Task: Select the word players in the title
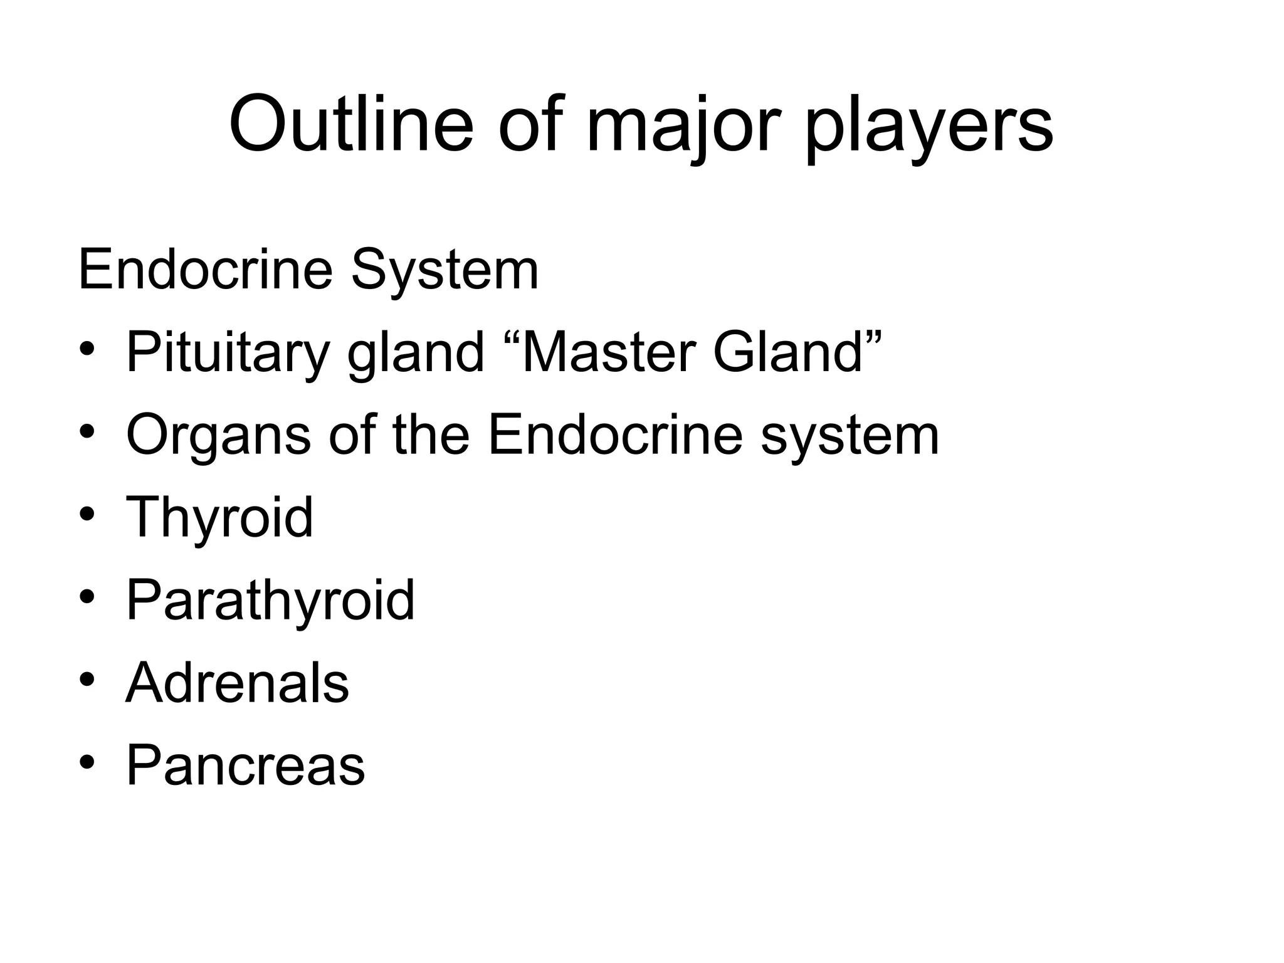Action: coord(929,129)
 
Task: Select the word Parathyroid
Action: coord(270,601)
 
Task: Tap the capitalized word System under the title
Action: coord(445,271)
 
